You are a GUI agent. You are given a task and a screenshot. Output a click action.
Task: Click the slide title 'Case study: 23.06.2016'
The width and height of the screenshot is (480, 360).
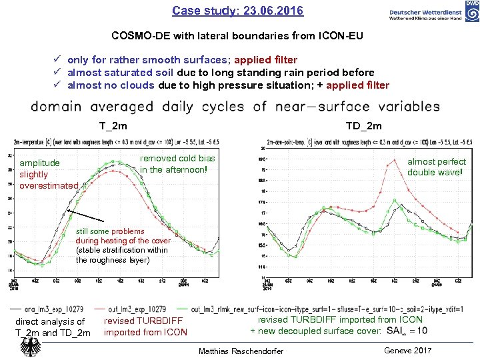pyautogui.click(x=237, y=11)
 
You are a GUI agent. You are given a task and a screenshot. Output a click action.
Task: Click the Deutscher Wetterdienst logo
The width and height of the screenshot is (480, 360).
pyautogui.click(x=433, y=14)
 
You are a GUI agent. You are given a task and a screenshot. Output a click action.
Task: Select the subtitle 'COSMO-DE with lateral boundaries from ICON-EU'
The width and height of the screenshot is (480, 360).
pyautogui.click(x=237, y=36)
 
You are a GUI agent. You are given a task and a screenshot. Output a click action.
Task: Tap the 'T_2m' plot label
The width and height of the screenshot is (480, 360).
pyautogui.click(x=113, y=126)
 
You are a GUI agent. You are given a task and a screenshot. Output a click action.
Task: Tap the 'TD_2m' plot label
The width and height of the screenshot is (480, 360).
pyautogui.click(x=364, y=126)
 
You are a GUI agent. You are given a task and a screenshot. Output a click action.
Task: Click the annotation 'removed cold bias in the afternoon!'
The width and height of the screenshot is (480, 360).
pyautogui.click(x=177, y=164)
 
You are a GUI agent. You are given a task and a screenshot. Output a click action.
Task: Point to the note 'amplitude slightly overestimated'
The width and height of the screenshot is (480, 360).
pyautogui.click(x=49, y=174)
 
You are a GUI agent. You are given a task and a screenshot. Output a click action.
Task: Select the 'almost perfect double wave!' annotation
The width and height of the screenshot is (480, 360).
pyautogui.click(x=437, y=167)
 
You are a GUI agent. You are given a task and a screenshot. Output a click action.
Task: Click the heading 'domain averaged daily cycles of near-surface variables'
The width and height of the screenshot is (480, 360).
pyautogui.click(x=235, y=107)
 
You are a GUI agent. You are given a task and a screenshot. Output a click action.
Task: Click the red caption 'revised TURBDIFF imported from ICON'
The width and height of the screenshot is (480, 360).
pyautogui.click(x=145, y=326)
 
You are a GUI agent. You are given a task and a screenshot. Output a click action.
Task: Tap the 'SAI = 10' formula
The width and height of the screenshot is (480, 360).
pyautogui.click(x=407, y=331)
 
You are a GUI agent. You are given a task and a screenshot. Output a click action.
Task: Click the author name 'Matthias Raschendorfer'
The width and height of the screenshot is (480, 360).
pyautogui.click(x=241, y=351)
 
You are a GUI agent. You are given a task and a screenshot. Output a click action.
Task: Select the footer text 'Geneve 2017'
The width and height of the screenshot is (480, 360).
pyautogui.click(x=408, y=351)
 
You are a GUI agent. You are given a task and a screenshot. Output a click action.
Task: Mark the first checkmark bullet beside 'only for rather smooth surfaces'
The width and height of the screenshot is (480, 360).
pyautogui.click(x=58, y=60)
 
